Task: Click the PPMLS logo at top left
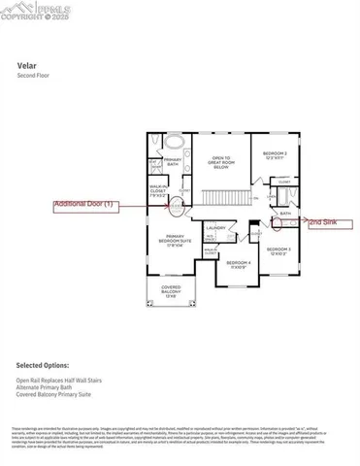coord(28,13)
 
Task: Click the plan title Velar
coord(26,67)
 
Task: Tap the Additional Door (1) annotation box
coord(85,204)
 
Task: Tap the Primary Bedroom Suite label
coord(177,241)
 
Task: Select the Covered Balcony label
coord(170,291)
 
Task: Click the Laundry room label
coord(215,228)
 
